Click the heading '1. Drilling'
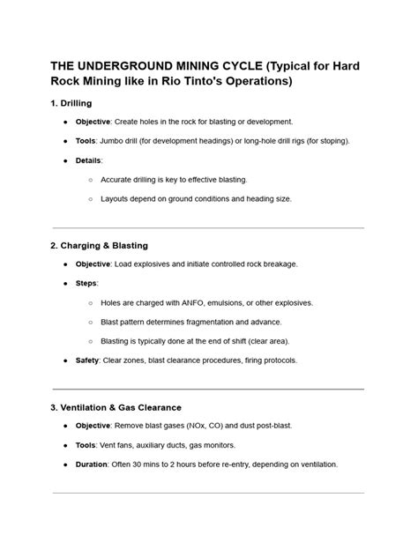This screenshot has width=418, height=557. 78,103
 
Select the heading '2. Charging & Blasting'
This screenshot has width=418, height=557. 100,245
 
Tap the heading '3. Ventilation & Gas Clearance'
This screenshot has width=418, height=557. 116,407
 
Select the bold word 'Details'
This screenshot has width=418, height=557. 88,160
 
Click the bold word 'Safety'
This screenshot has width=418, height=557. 87,360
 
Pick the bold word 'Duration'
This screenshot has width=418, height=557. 93,464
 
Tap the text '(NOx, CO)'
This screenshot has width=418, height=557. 220,426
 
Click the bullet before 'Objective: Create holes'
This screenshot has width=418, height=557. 66,122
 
